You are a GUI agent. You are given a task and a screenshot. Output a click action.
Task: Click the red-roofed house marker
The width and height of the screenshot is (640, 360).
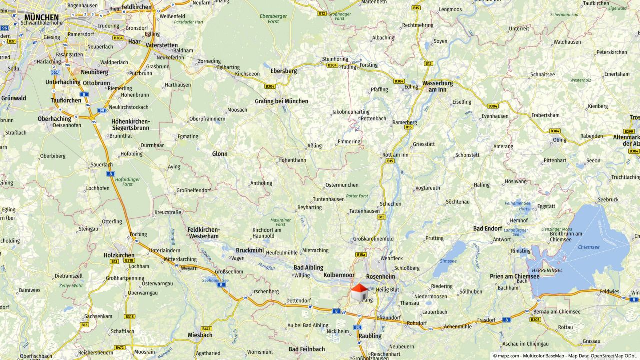[358, 292]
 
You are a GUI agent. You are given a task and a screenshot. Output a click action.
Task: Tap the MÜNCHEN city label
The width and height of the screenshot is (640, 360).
[41, 18]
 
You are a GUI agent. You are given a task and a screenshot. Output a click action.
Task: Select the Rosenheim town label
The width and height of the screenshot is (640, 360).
[380, 276]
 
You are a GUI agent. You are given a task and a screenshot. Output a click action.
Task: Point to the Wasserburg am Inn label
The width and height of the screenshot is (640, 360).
[437, 86]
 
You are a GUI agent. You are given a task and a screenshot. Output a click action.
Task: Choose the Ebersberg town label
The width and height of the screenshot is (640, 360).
[283, 71]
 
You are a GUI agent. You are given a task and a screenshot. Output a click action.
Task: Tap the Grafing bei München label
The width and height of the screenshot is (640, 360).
[281, 101]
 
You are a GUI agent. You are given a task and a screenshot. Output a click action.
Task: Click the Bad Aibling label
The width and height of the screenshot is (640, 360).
[308, 267]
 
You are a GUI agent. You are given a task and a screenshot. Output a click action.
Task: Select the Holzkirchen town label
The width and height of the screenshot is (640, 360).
[119, 255]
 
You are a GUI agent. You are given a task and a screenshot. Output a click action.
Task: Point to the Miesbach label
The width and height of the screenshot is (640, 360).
[200, 335]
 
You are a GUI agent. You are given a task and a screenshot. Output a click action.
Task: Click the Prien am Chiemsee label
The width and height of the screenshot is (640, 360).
[514, 276]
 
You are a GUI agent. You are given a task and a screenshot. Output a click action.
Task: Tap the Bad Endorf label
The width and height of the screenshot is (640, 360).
[487, 228]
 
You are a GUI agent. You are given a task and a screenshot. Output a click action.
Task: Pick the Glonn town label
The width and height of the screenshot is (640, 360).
[220, 154]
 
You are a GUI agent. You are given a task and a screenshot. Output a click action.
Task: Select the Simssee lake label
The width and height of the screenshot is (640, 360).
[448, 261]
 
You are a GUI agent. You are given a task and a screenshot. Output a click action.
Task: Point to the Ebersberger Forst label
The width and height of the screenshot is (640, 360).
[274, 19]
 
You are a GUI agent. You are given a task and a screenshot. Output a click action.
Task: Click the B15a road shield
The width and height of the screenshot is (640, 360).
[361, 254]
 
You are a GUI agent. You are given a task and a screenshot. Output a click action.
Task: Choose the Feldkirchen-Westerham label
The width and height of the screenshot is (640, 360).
[203, 233]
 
